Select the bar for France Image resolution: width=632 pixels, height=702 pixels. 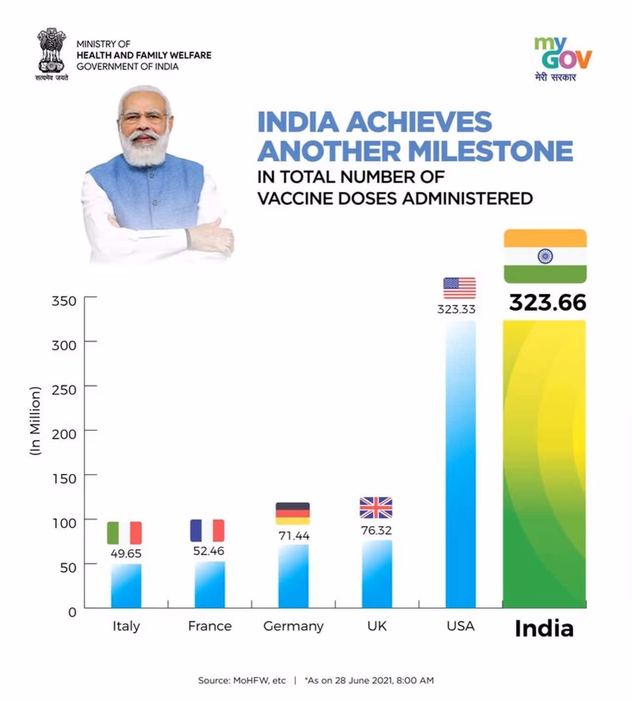[x=209, y=585]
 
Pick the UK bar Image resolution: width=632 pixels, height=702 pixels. [x=377, y=574]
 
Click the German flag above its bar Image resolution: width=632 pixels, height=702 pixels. [x=292, y=513]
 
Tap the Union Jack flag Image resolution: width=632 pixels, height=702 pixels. [x=376, y=507]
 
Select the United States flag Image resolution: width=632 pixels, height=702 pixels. [x=459, y=288]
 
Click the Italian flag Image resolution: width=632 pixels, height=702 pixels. [x=124, y=533]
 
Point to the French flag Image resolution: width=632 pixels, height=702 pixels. [x=207, y=530]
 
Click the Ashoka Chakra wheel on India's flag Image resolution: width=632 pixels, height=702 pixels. [x=545, y=256]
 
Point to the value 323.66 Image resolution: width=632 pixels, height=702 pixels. [x=548, y=303]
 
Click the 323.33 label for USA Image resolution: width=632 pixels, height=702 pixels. [x=456, y=310]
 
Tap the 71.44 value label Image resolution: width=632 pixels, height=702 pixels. [x=294, y=536]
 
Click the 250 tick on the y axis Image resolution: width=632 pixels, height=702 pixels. [x=64, y=390]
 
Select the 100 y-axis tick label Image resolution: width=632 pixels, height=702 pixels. [x=64, y=523]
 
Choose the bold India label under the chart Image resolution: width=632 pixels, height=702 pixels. [x=544, y=628]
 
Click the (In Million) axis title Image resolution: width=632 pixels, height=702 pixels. [x=35, y=421]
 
